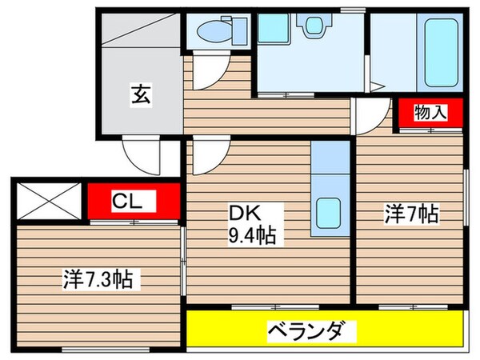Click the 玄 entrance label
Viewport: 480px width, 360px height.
coord(140,94)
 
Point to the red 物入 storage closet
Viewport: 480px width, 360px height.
coord(430,113)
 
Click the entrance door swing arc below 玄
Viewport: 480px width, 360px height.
coord(144,156)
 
